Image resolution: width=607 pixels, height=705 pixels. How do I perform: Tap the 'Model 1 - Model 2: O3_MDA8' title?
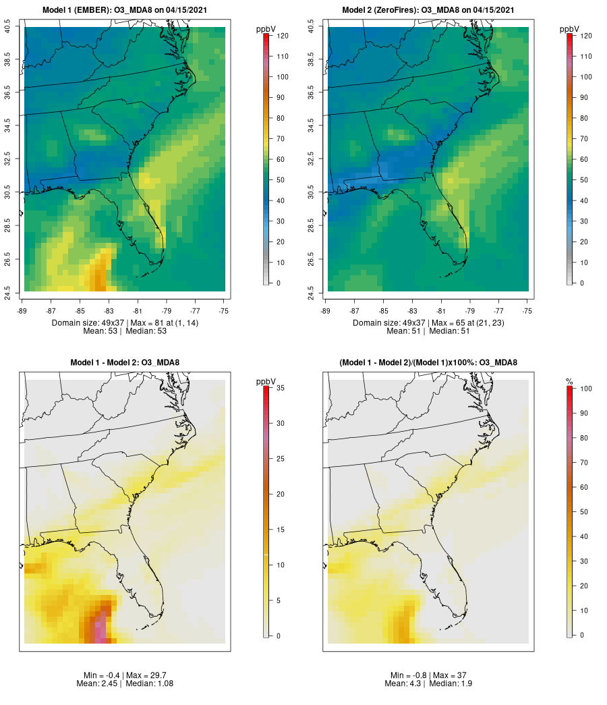tap(125, 363)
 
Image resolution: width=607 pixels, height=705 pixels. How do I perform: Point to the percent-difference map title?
tap(428, 363)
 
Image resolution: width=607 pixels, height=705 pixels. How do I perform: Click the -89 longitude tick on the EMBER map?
tap(24, 310)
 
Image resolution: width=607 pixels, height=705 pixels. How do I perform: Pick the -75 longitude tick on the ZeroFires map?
tap(527, 310)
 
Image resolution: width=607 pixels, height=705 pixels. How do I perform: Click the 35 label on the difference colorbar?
tap(280, 388)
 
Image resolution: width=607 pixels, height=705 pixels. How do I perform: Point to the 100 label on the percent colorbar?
tap(585, 388)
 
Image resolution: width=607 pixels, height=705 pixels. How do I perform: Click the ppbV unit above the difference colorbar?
tap(266, 383)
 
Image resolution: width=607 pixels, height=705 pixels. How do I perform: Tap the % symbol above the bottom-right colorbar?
tap(569, 383)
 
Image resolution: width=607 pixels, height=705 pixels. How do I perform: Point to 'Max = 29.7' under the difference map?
tap(143, 675)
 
